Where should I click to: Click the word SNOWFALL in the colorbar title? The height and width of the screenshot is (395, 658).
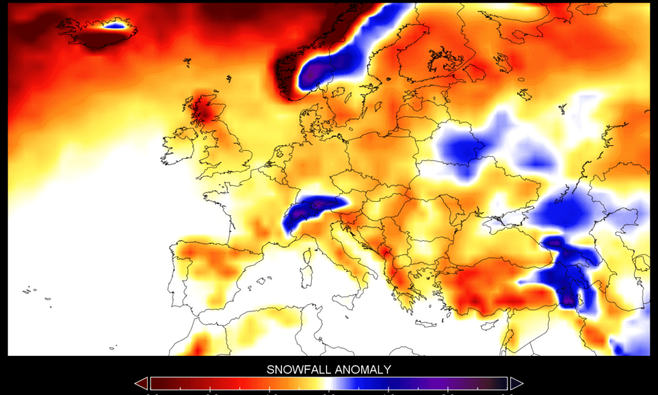[297, 369]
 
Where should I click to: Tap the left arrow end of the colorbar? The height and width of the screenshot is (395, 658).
[141, 383]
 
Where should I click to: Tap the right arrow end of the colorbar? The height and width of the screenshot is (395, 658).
[516, 383]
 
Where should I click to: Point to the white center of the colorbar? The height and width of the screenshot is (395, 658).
[328, 384]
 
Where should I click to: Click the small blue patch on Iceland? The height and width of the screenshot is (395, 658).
[114, 26]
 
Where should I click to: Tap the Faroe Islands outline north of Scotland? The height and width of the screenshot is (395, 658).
[187, 62]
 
